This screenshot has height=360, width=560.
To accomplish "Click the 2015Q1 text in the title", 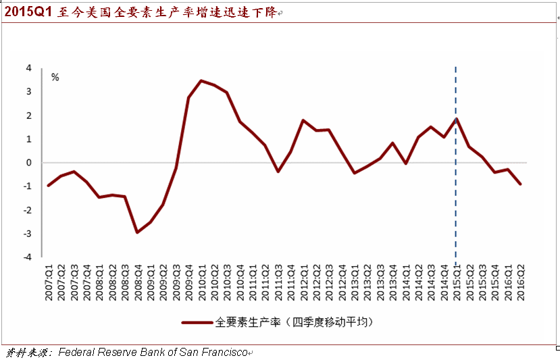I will (28, 13).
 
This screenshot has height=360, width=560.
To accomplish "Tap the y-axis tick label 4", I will (29, 68).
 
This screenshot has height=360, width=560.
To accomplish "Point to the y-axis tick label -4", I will (28, 257).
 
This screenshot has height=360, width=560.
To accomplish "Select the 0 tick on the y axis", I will (29, 163).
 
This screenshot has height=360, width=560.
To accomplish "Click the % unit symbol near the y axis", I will (55, 78).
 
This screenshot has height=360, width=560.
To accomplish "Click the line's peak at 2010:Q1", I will (201, 81).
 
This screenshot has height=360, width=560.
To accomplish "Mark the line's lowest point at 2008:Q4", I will (138, 232).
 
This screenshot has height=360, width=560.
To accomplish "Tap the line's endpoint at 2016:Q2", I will (521, 184).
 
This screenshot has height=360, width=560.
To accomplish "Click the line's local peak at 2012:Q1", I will (303, 120).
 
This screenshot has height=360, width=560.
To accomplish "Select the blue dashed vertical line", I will (456, 203).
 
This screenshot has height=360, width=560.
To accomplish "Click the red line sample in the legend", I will (197, 322).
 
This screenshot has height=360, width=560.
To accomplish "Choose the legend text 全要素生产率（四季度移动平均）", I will (294, 322).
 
